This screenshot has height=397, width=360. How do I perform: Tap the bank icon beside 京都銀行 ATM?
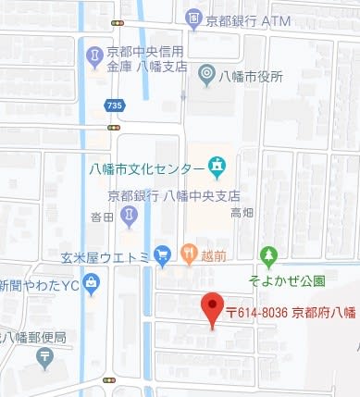click(192, 17)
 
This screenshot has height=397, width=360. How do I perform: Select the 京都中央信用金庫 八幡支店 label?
click(146, 58)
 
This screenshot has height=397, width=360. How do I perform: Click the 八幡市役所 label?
click(252, 77)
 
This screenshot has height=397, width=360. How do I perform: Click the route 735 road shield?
click(113, 106)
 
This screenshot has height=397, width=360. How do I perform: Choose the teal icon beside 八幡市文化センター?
click(217, 167)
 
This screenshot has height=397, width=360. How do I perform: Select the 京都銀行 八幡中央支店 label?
click(173, 196)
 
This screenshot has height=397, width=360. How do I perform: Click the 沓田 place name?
click(102, 217)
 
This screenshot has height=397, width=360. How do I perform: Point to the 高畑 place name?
click(242, 213)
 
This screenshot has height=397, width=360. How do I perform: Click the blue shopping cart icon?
click(163, 253)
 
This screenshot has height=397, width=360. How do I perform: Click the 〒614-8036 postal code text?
click(258, 313)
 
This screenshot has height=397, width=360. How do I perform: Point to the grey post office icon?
click(45, 357)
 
